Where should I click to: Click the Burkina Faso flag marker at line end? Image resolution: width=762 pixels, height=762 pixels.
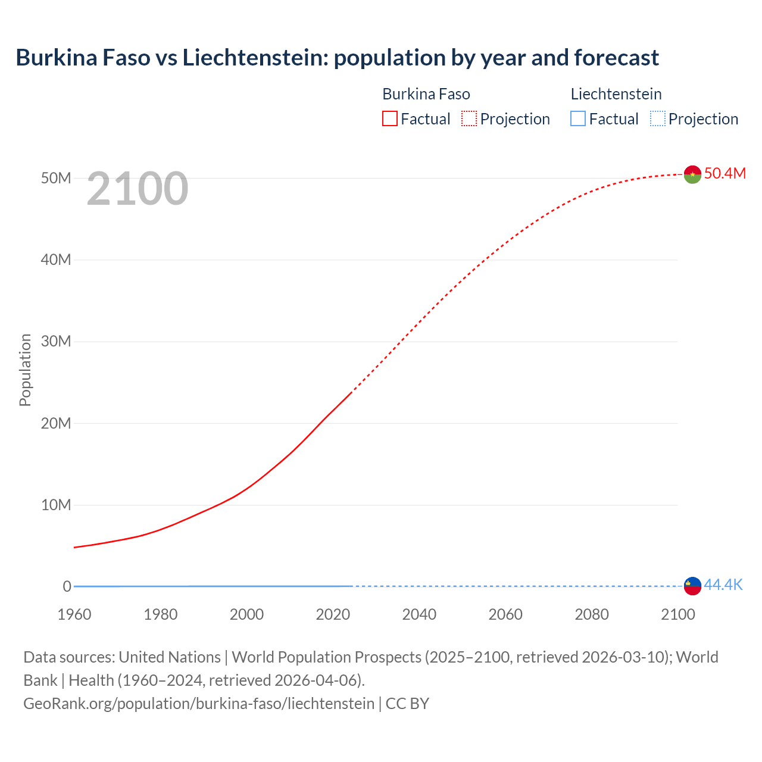coord(692,174)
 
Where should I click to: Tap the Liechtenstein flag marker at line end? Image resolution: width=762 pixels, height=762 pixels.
coord(692,586)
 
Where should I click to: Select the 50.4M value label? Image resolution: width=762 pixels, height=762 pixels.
coord(724,173)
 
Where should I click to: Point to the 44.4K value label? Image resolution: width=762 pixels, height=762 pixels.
coord(723,585)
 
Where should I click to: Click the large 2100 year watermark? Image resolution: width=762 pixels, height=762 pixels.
coord(138,189)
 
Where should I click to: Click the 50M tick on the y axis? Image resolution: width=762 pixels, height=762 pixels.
coord(56,178)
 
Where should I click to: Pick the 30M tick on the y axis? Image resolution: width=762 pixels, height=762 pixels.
coord(56,341)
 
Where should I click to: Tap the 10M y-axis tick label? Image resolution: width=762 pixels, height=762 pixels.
coord(56,505)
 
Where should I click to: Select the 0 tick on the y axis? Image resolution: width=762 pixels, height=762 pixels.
coord(67,586)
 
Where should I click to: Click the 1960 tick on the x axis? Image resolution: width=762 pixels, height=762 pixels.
coord(74,614)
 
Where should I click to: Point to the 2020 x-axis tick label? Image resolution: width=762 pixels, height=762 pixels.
coord(333,614)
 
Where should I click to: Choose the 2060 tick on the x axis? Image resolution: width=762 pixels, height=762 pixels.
coord(505,614)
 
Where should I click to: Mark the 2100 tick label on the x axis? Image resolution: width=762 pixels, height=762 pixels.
coord(678,614)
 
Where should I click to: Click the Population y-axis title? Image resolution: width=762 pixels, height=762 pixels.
coord(25,370)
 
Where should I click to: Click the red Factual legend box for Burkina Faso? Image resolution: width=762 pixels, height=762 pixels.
coord(390,118)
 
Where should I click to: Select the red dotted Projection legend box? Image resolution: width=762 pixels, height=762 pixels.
coord(469,118)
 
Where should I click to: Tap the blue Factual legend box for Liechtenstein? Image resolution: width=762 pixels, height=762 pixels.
coord(578,118)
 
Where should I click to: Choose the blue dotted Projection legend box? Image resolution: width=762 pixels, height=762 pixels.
coord(658,118)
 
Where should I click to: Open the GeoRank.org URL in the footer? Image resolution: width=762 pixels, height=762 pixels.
coord(199,704)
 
